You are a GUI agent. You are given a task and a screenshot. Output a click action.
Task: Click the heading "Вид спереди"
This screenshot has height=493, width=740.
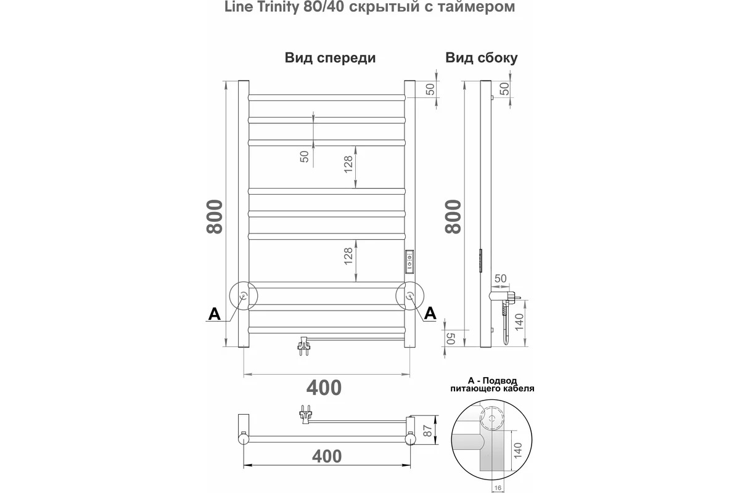click(x=330, y=58)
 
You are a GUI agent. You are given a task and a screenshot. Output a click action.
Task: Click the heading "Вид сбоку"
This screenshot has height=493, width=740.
click(x=482, y=58)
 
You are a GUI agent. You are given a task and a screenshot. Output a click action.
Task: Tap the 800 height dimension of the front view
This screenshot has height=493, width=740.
click(x=215, y=217)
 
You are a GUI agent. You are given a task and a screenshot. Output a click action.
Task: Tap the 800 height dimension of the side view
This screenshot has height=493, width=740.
click(x=453, y=217)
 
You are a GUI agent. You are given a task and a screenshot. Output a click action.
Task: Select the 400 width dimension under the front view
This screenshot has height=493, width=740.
click(x=324, y=388)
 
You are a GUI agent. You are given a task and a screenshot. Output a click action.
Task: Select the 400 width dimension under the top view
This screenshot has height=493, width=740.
click(x=327, y=457)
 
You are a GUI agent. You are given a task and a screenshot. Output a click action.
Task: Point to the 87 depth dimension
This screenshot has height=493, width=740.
click(x=428, y=431)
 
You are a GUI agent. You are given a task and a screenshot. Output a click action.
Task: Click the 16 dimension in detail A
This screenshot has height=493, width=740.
click(x=498, y=487)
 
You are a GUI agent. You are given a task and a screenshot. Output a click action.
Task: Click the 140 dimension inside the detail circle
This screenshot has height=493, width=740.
click(x=517, y=450)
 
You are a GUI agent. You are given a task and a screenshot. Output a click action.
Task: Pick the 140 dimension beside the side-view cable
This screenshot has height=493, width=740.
click(x=519, y=322)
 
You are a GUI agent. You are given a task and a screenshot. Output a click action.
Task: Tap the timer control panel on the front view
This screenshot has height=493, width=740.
click(x=409, y=261)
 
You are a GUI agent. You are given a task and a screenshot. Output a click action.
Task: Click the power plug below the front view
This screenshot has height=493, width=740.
click(x=304, y=346)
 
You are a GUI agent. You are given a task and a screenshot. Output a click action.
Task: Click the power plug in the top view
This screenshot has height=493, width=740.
click(x=305, y=415)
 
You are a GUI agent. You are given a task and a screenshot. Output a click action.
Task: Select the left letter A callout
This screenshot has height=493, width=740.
click(x=215, y=314)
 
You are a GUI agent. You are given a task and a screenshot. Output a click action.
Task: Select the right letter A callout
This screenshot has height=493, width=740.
click(x=430, y=313)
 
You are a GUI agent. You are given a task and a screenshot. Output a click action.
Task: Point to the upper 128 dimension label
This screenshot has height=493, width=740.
click(x=348, y=164)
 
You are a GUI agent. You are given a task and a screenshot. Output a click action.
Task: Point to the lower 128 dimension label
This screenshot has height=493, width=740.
click(x=348, y=256)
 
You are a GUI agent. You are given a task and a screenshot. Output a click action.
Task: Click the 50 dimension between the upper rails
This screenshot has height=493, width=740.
click(x=304, y=156)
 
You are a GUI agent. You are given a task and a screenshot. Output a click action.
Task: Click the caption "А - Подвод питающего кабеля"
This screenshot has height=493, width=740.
click(x=492, y=385)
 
